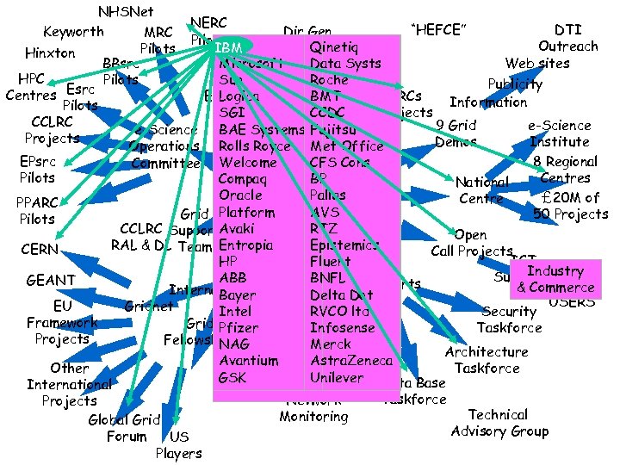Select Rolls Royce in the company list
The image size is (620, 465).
point(254,146)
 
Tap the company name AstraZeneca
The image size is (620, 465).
point(350,361)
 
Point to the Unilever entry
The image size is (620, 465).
point(337,377)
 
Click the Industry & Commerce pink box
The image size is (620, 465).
point(555,279)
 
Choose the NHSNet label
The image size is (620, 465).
point(126,12)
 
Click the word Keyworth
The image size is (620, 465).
point(73,32)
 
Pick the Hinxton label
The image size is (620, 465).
point(50,53)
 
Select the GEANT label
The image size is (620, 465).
point(51,281)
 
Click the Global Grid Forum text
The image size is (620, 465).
point(124,428)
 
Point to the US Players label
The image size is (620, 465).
point(178,445)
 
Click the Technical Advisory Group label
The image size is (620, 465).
point(499,423)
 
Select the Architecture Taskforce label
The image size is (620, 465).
point(487,360)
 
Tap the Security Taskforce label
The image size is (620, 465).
point(509,319)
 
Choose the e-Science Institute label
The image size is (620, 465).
point(559,133)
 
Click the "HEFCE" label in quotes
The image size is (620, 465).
point(439,31)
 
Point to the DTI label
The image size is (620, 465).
point(567,29)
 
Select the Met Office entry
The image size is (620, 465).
point(346,146)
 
